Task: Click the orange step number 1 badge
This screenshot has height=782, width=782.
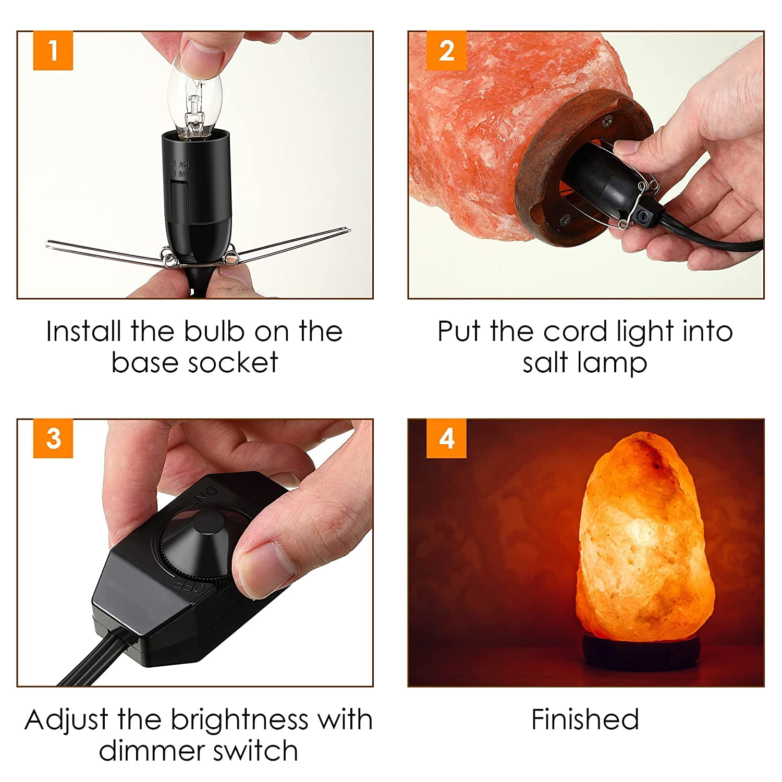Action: [x=53, y=51]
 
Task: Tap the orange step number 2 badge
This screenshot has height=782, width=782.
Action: [x=446, y=51]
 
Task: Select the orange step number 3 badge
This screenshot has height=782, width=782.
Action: [x=53, y=438]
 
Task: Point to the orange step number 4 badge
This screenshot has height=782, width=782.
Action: [x=446, y=438]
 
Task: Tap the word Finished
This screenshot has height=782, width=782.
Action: [x=585, y=720]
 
